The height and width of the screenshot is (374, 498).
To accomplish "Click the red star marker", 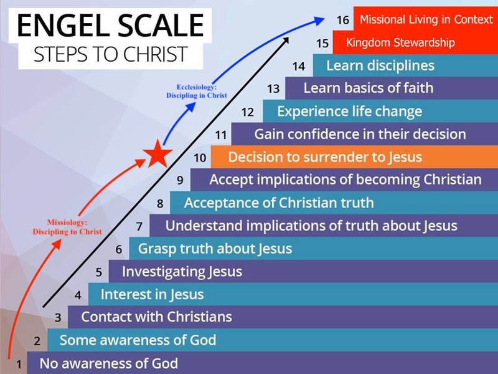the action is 157,154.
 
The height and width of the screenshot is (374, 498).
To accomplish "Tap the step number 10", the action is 200,158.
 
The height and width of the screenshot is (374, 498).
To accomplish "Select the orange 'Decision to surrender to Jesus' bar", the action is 354,157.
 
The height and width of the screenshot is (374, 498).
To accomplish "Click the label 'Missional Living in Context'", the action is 426,19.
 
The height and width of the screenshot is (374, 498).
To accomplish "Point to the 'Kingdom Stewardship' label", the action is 400,42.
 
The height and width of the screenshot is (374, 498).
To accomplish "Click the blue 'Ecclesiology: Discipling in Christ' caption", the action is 197,91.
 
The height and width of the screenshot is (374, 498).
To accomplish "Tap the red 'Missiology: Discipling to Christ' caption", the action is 67,227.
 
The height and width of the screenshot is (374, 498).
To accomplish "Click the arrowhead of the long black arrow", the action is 286,40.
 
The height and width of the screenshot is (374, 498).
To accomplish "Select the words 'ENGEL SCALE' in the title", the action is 110,26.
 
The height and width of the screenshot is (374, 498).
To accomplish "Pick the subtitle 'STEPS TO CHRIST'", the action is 111,54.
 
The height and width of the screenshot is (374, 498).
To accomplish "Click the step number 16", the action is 343,20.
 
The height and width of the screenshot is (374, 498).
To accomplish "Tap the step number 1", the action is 19,364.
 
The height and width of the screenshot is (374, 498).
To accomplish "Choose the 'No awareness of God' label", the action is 108,363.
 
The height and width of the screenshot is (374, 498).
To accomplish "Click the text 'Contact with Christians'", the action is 157,317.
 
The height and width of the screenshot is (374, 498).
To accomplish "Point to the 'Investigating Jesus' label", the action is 182,272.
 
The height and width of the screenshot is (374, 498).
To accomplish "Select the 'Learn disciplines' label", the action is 380,66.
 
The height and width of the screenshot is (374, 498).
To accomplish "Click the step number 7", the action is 139,226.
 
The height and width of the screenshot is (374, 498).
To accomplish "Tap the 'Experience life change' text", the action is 350,112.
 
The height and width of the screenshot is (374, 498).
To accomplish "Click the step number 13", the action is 273,89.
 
